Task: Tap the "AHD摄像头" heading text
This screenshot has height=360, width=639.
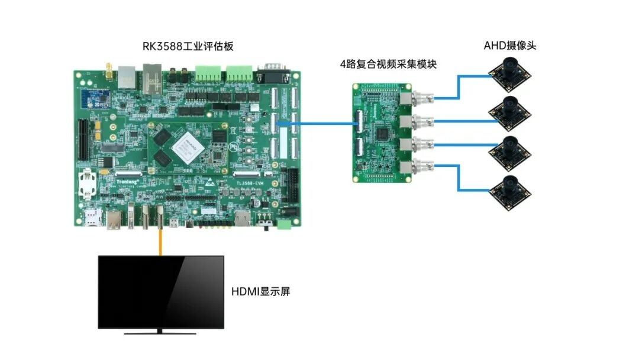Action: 509,45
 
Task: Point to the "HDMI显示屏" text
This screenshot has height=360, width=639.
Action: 260,291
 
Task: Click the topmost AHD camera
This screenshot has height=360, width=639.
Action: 509,70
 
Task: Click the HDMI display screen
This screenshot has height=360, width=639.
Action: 161,291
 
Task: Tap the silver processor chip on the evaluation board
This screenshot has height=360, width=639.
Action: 186,147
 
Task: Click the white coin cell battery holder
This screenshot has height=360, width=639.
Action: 89,183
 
